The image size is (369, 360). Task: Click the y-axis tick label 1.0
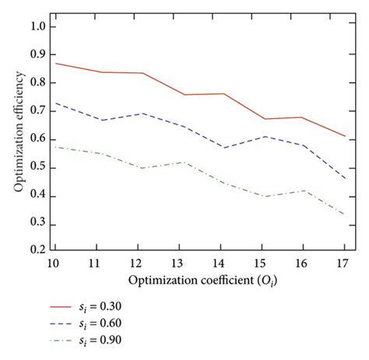(x=37, y=26)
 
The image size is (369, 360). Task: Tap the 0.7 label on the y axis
(x=37, y=111)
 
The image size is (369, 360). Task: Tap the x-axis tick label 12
(x=139, y=264)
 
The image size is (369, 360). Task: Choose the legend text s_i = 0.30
(x=119, y=307)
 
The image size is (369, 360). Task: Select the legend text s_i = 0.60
(x=119, y=323)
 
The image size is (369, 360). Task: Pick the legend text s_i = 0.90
(x=119, y=340)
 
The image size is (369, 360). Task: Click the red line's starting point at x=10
(x=56, y=63)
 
